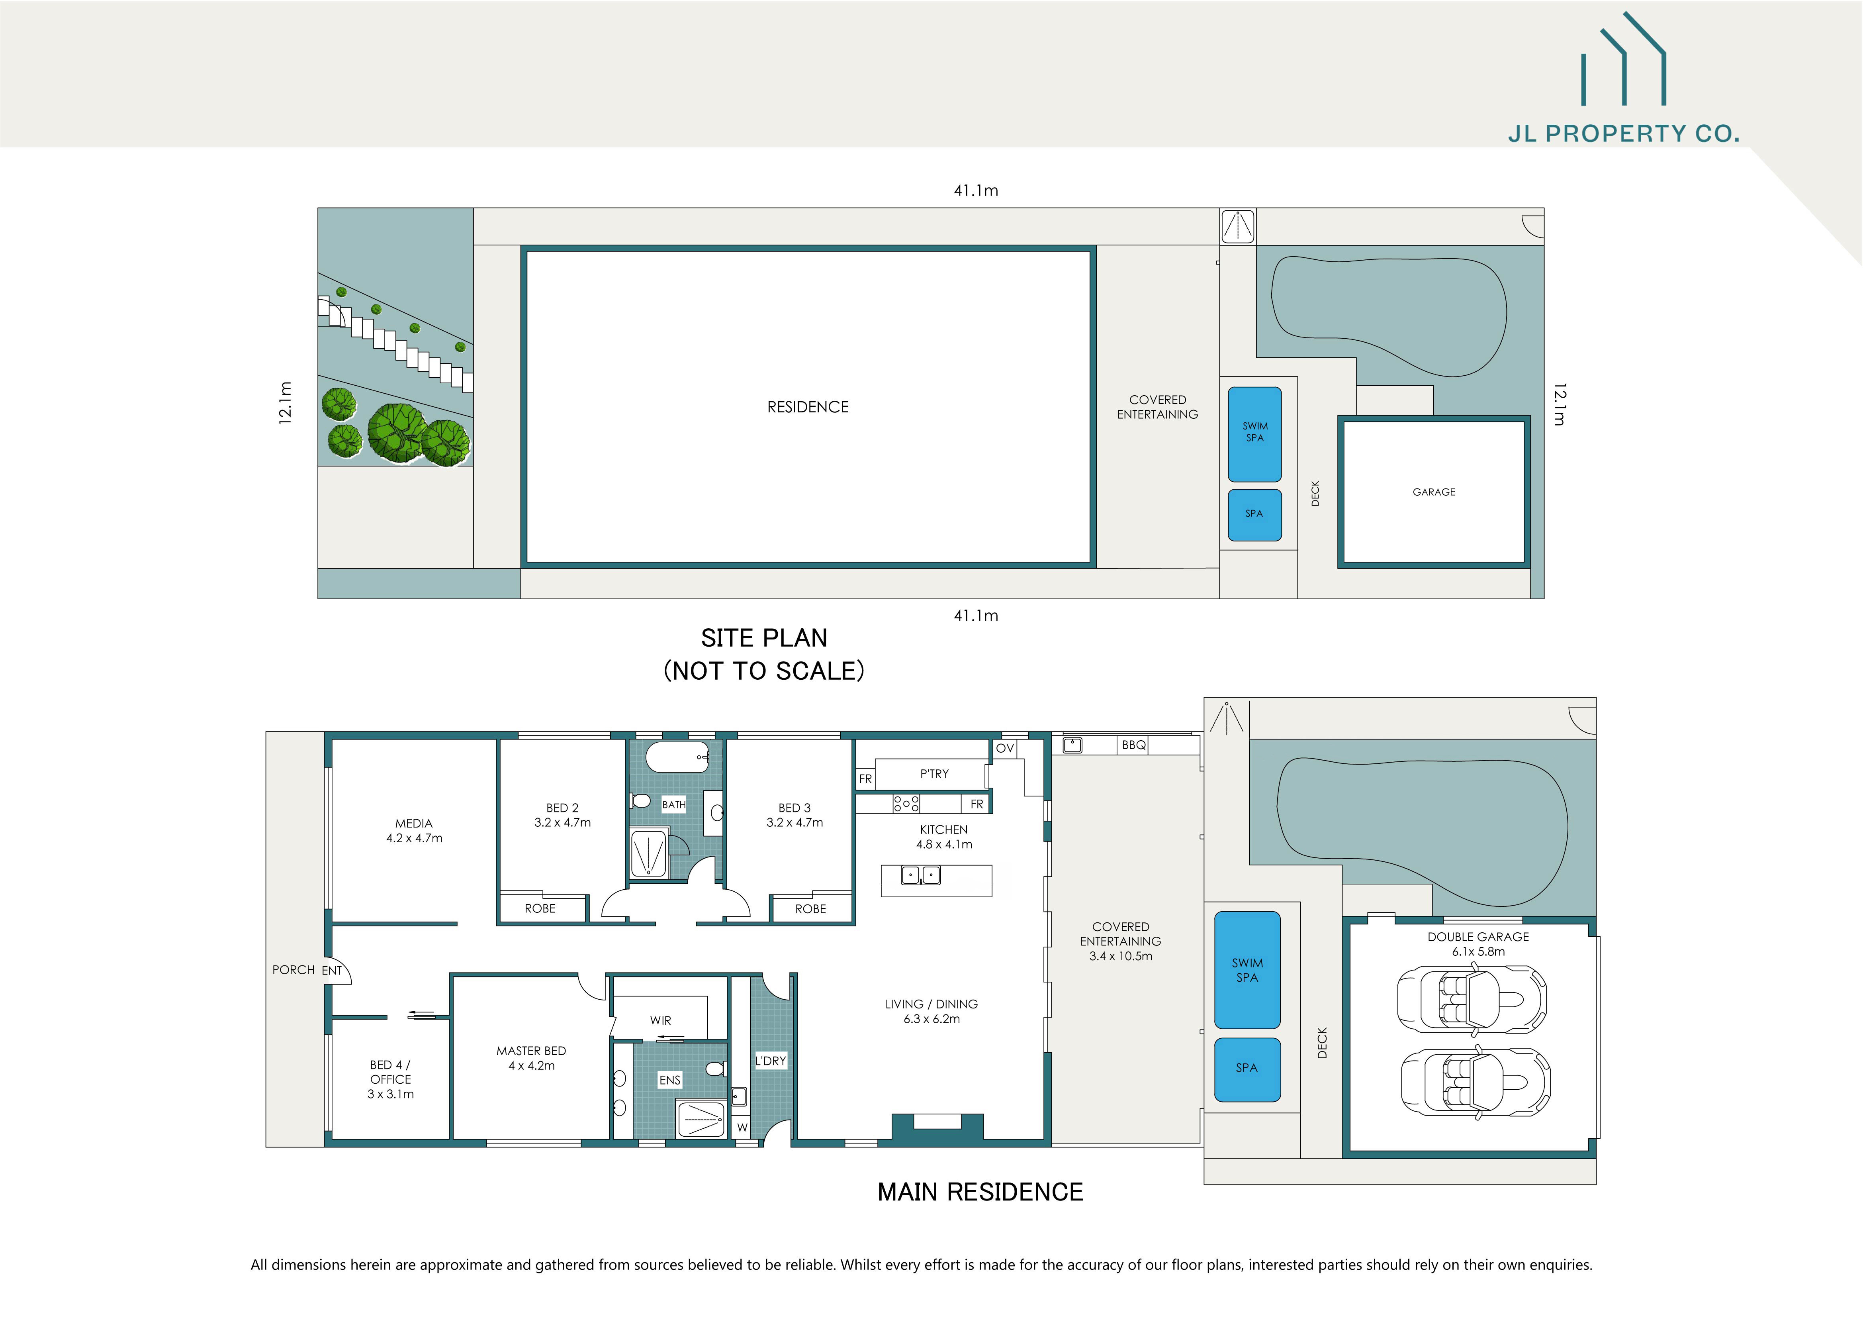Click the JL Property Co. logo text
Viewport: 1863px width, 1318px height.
tap(1623, 134)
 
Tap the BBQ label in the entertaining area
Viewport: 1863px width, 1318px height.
tap(1133, 745)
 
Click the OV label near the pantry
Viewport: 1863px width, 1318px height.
tap(1004, 748)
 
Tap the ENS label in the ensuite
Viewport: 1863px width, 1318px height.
tap(669, 1080)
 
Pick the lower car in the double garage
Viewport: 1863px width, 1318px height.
tap(1475, 1083)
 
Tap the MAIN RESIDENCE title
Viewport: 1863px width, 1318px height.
tap(980, 1192)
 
